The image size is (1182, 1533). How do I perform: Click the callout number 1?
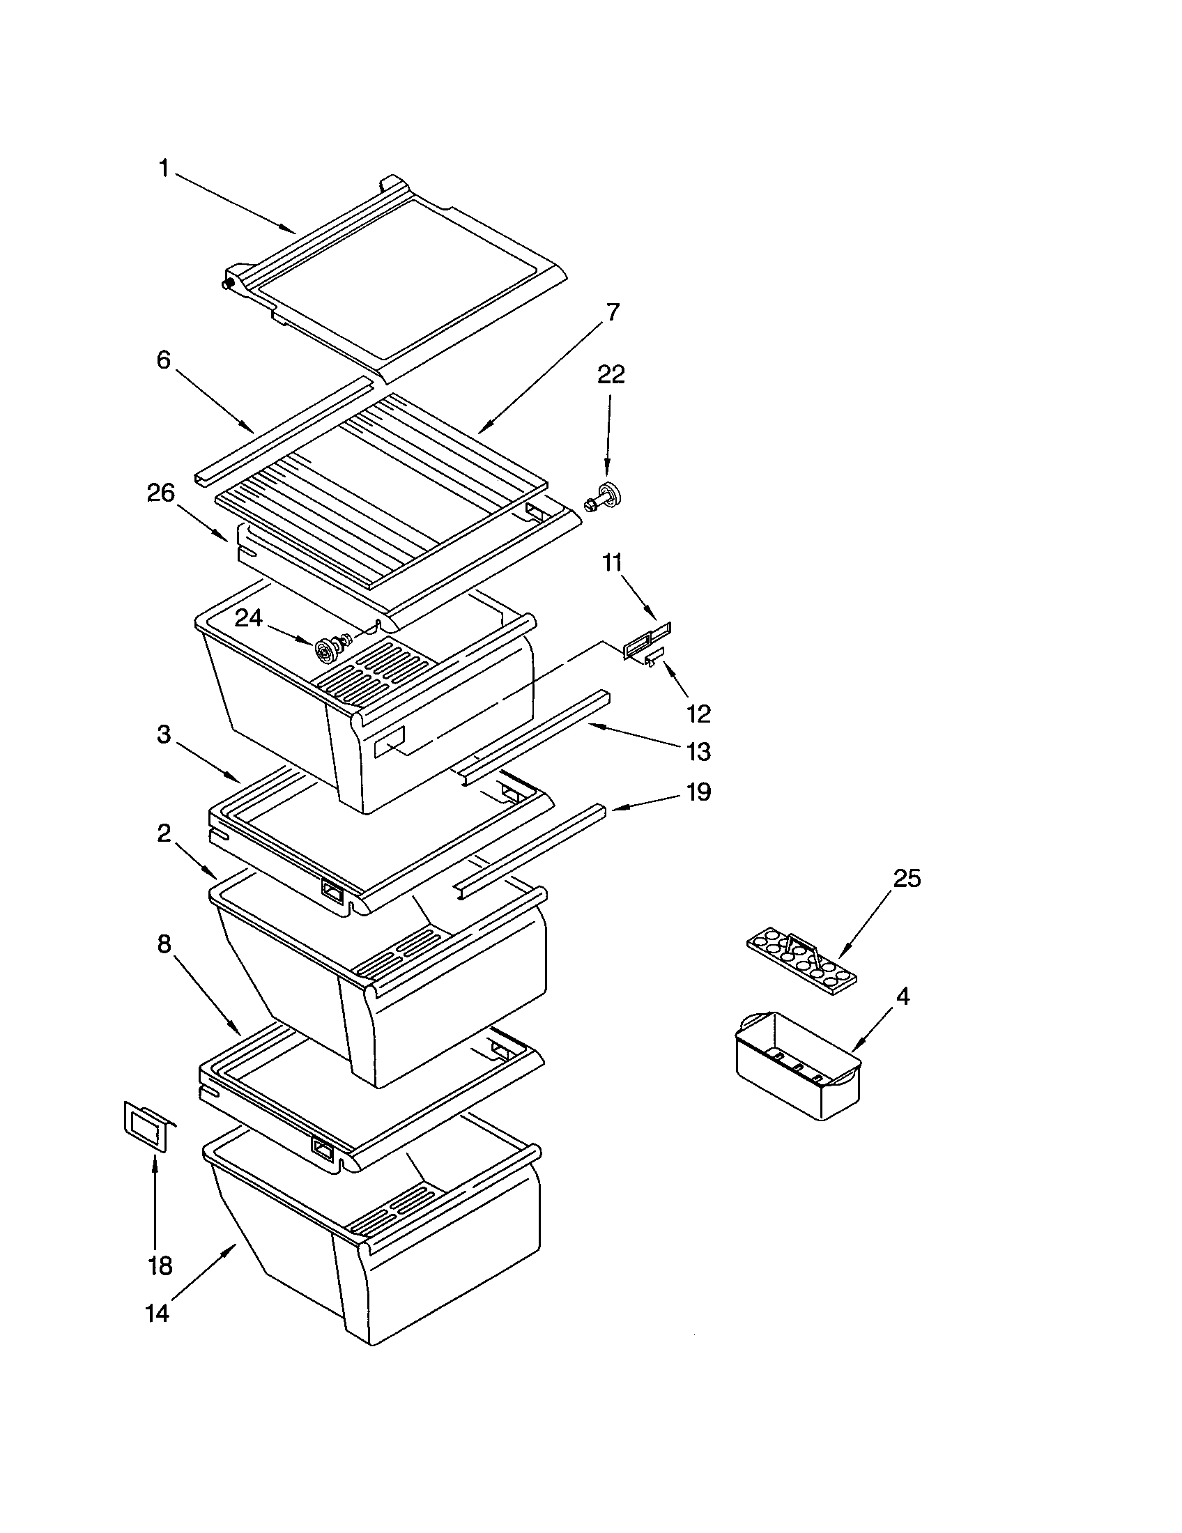pyautogui.click(x=164, y=169)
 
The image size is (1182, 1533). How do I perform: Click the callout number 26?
pyautogui.click(x=160, y=493)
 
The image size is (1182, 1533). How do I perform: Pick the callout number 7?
pyautogui.click(x=612, y=311)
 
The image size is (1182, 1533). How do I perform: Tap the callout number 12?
pyautogui.click(x=698, y=714)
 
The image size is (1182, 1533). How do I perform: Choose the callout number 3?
pyautogui.click(x=163, y=735)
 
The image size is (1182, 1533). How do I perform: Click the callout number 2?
pyautogui.click(x=163, y=833)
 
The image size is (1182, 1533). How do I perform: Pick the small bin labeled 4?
pyautogui.click(x=797, y=1067)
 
